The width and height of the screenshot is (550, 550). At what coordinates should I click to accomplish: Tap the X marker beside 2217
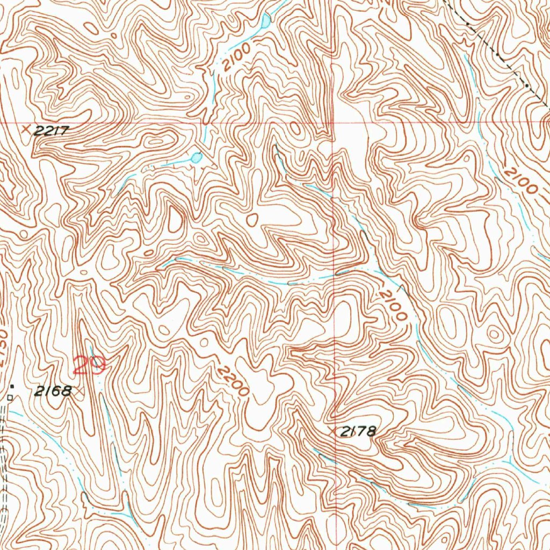coord(26,129)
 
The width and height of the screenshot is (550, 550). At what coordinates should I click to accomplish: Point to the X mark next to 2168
coord(79,392)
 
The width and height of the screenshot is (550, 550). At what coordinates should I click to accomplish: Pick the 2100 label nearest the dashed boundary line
coord(520,181)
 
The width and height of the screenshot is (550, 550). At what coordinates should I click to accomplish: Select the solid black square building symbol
coord(12,386)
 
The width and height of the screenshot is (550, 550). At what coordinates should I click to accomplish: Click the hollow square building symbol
coord(10,397)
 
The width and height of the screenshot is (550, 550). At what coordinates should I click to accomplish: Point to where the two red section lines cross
coord(332,122)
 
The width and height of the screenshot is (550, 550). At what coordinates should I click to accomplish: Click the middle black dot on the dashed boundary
coord(500,56)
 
